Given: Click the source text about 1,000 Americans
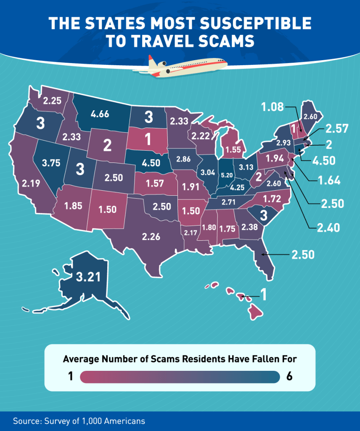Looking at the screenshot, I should (x=79, y=421).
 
